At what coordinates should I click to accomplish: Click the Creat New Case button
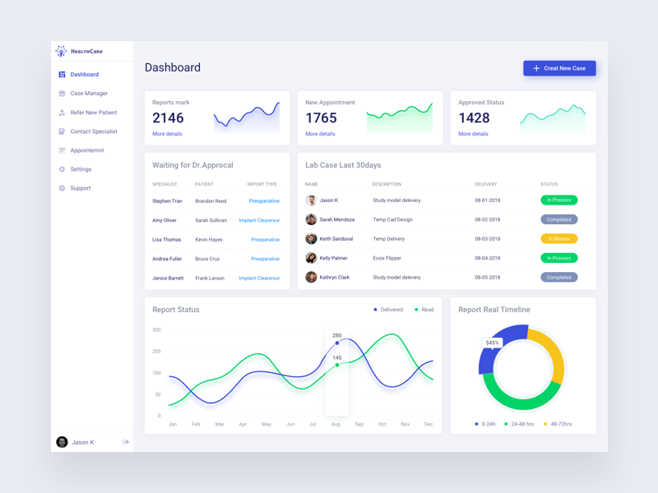coord(559,68)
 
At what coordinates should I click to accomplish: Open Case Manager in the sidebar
coord(89,94)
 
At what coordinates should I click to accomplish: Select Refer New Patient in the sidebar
coord(93,113)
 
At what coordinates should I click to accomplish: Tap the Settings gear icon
coord(62,169)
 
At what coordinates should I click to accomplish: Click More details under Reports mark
coord(167,134)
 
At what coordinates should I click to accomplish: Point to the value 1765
coord(321,118)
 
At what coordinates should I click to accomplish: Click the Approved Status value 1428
coord(474,118)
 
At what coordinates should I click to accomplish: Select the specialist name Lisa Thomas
coord(166,240)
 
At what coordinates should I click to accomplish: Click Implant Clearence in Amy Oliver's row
coord(259,220)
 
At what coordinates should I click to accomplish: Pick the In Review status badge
coord(558,239)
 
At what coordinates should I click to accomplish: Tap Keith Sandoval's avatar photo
coord(311,239)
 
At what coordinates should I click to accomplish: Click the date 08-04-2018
coord(487,258)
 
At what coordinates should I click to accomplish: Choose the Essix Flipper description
coord(387,258)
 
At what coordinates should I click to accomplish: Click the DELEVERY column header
coord(485,184)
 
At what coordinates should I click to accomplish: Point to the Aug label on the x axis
coord(336,424)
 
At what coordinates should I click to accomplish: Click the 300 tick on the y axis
coord(156,330)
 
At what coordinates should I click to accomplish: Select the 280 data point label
coord(336,335)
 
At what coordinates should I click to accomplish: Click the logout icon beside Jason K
coord(126,442)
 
